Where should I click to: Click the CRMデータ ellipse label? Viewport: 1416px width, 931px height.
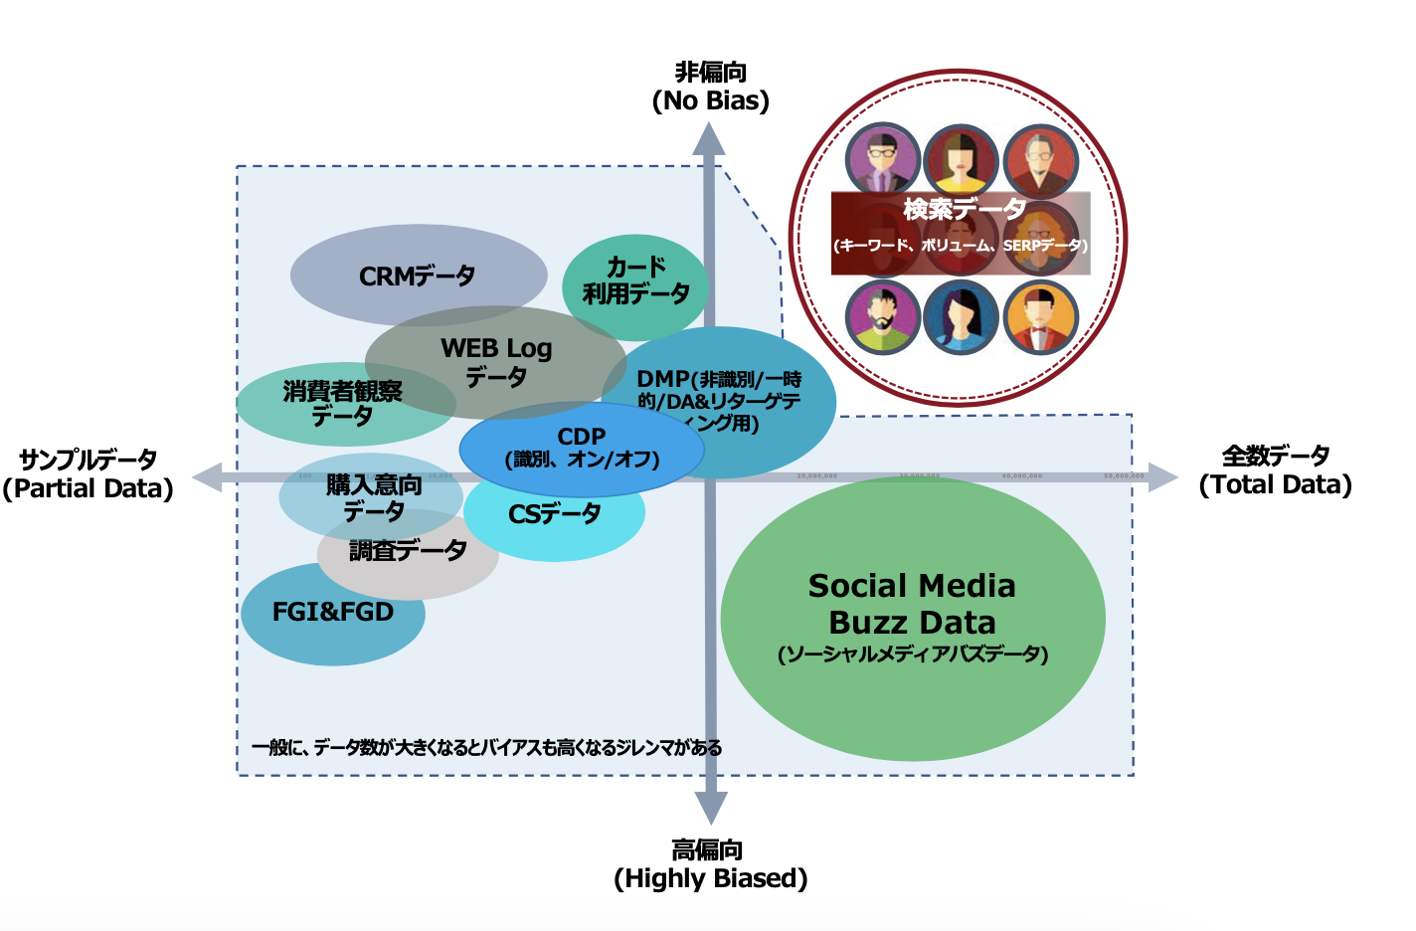click(418, 276)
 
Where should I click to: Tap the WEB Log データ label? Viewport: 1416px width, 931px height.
click(496, 362)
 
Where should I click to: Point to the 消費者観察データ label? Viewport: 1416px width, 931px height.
click(343, 403)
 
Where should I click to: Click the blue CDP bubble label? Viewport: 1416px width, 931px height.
click(582, 447)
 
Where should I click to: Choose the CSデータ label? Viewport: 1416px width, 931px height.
click(555, 514)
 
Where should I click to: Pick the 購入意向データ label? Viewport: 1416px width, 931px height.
click(374, 498)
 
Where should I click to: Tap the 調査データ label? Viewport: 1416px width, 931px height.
click(408, 550)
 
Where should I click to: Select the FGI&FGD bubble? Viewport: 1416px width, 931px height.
click(333, 612)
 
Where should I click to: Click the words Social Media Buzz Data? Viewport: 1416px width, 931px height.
click(912, 604)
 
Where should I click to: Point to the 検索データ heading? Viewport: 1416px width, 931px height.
click(964, 209)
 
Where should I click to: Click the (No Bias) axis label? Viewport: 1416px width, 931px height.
click(710, 100)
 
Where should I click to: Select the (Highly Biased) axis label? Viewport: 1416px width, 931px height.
click(710, 878)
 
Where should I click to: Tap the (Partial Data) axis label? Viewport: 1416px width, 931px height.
click(88, 488)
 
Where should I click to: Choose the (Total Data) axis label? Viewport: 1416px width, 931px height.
click(1275, 484)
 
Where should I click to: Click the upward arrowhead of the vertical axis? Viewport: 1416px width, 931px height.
click(709, 138)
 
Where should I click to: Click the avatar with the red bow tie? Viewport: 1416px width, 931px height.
click(1040, 317)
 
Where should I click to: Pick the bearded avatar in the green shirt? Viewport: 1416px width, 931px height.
click(882, 317)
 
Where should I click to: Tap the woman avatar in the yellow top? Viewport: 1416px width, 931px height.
click(961, 160)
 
